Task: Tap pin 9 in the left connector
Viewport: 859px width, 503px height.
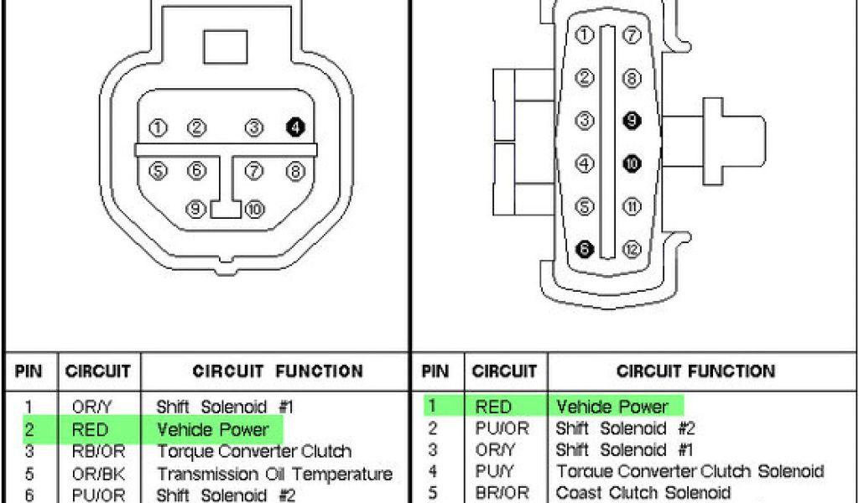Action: [196, 208]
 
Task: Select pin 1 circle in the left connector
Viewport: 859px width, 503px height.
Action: [157, 128]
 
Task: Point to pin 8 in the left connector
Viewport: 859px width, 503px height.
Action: [295, 171]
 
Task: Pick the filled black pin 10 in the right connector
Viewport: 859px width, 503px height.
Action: [632, 163]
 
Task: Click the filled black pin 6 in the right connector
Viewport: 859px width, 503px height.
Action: [586, 249]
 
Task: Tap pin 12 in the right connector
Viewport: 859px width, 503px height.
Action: [632, 249]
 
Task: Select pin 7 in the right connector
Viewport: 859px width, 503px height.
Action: [632, 35]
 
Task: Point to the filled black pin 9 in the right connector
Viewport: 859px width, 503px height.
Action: [632, 121]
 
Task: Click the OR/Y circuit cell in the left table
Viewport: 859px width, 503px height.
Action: [92, 407]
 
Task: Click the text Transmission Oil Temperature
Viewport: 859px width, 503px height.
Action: [274, 474]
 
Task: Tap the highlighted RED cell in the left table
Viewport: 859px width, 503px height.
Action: [92, 430]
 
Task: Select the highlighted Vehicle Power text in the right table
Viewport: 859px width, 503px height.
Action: [612, 407]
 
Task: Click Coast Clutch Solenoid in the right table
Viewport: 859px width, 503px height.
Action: [643, 493]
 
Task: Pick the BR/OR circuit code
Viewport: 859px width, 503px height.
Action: [501, 493]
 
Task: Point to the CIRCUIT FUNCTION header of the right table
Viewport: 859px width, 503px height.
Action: [695, 371]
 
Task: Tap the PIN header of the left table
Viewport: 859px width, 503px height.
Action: [29, 371]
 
